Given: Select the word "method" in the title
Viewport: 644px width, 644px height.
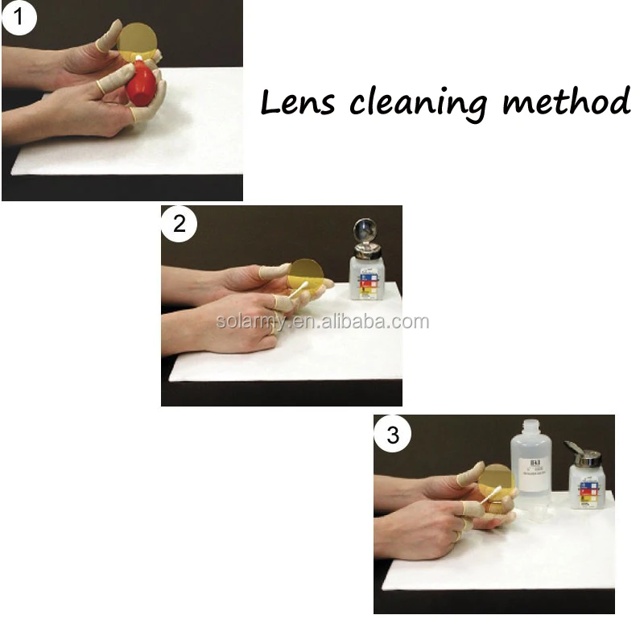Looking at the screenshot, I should [x=566, y=102].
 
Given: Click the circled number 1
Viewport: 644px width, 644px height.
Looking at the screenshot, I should [x=19, y=18].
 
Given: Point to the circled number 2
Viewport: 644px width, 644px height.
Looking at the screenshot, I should [x=179, y=223].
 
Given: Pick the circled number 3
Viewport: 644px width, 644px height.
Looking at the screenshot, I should [x=392, y=435].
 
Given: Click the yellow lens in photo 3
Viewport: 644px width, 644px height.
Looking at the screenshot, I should [x=494, y=481].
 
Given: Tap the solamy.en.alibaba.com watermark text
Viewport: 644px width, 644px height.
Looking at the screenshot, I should [x=322, y=322].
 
